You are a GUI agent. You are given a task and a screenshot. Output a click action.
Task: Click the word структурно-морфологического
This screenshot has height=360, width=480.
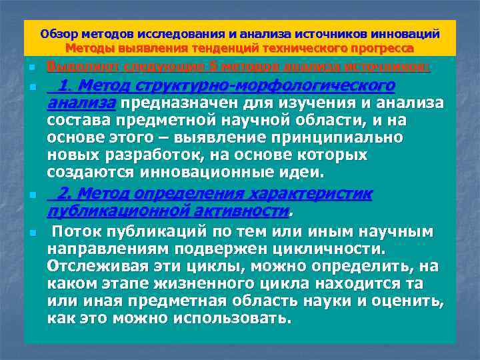(267, 87)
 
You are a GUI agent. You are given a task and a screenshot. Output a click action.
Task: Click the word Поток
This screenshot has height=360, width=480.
(78, 232)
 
